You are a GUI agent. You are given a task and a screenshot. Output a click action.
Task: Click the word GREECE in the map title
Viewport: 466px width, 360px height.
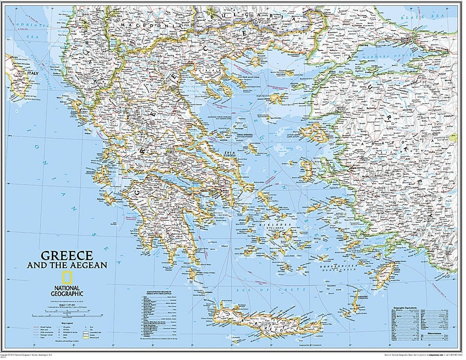point(66,255)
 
